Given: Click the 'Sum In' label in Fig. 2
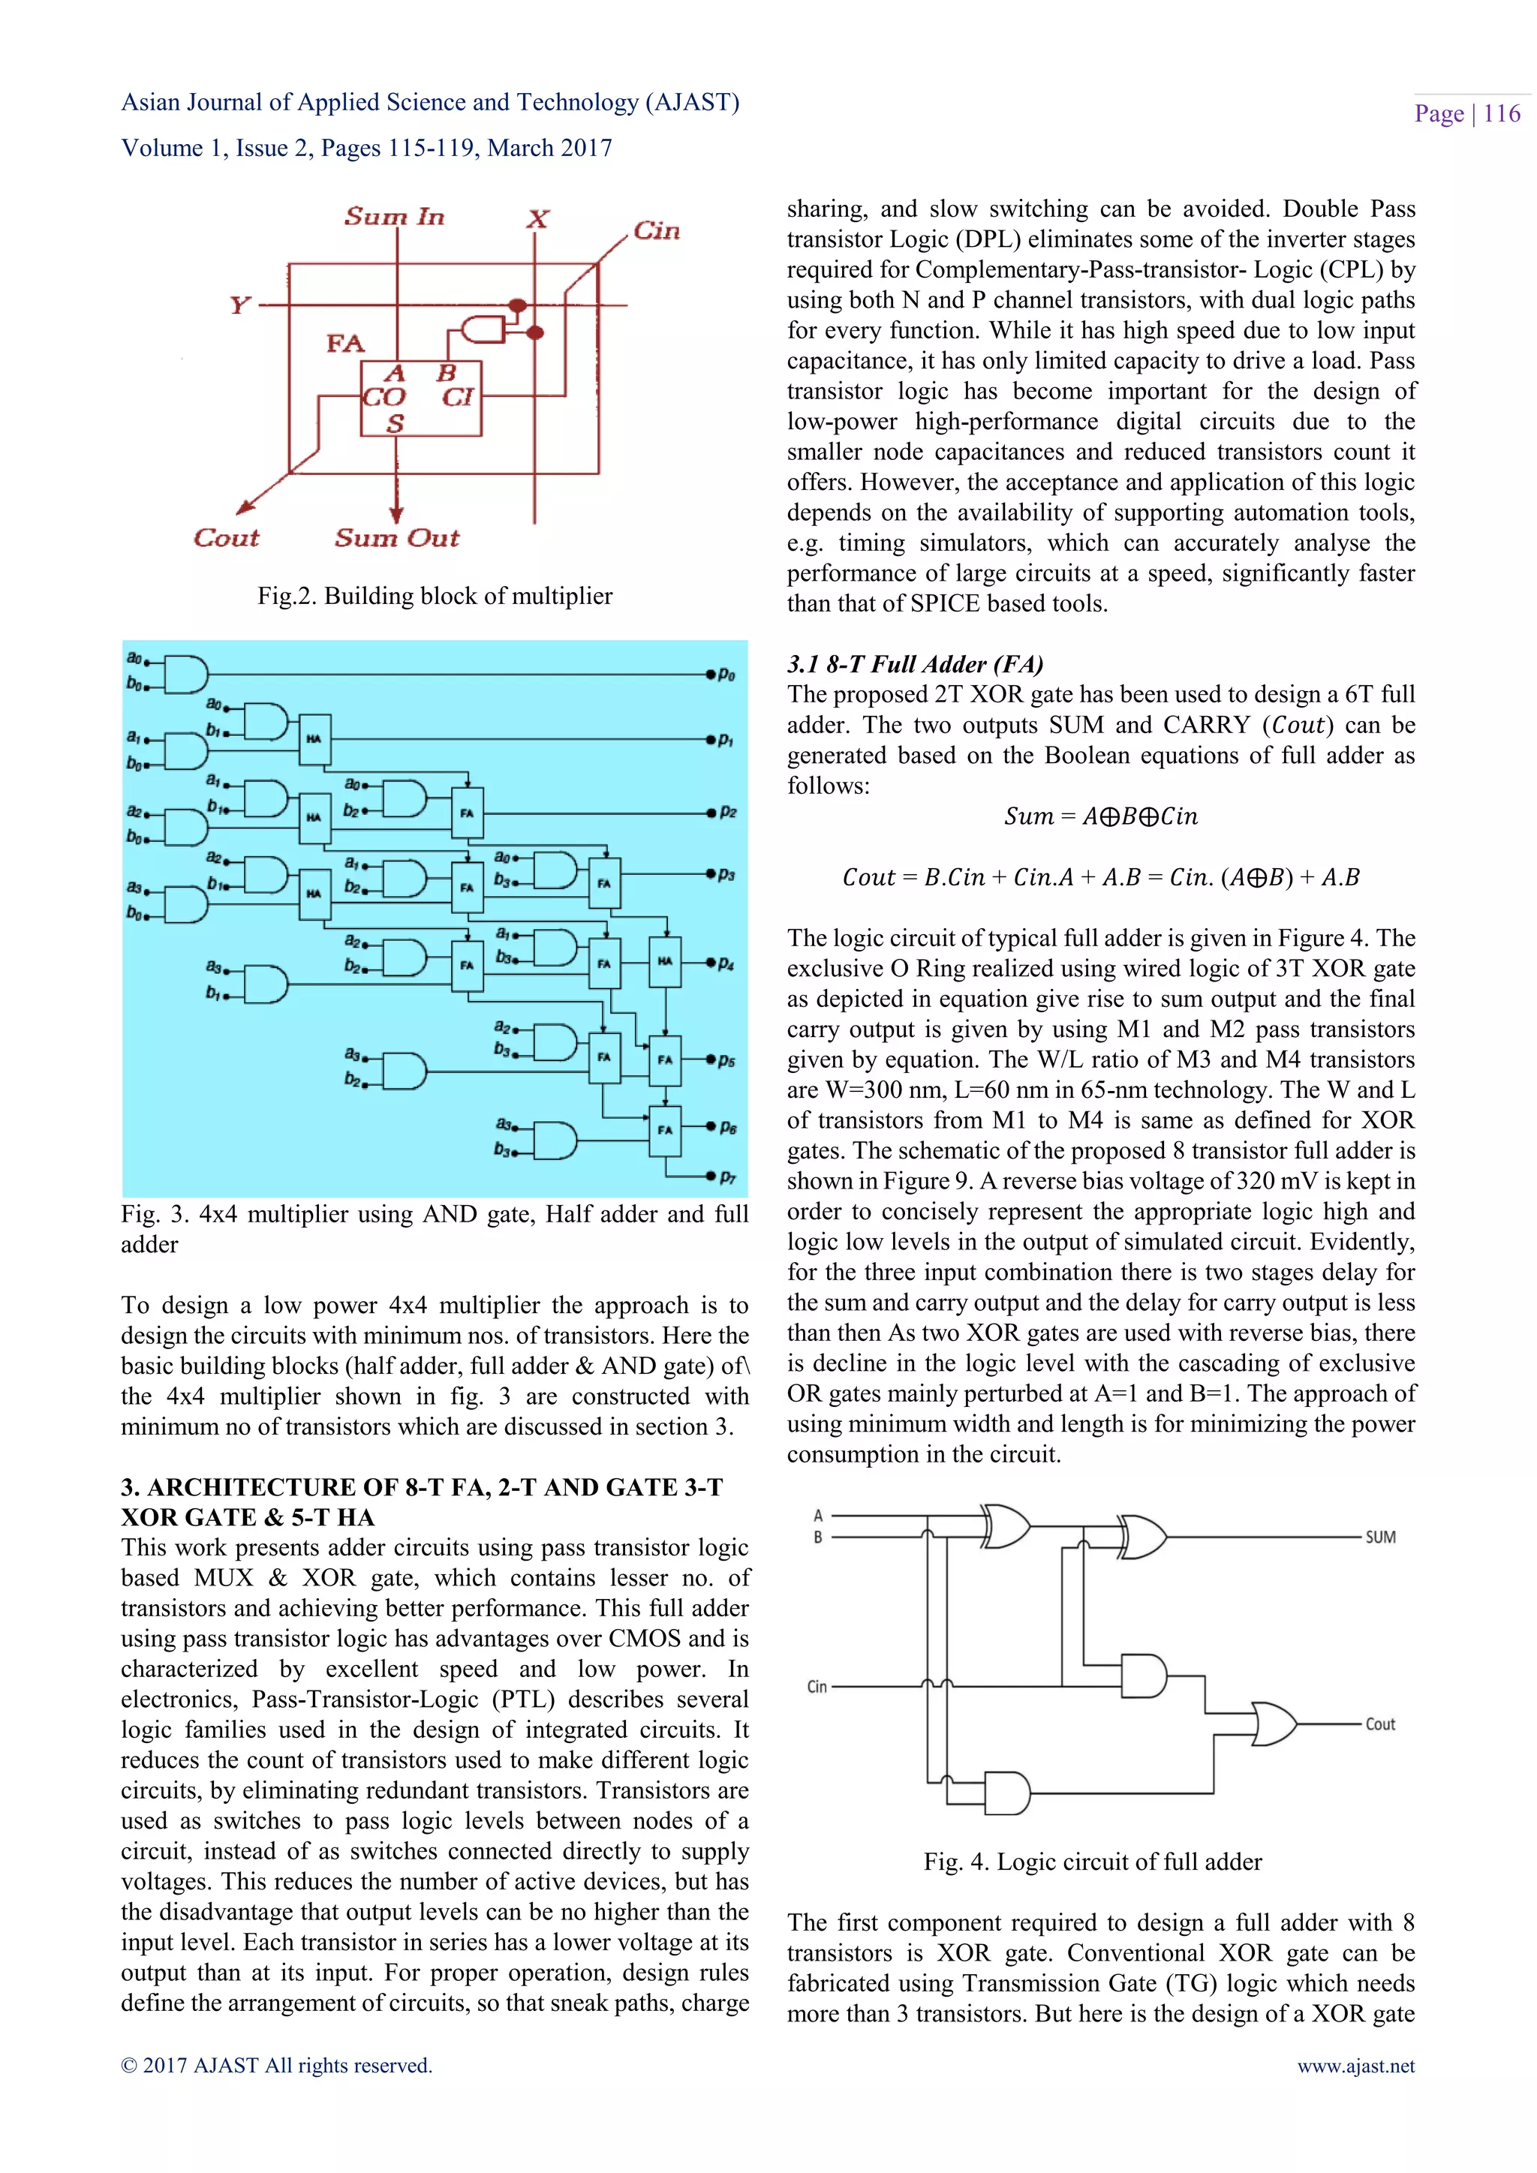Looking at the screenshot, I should (x=394, y=217).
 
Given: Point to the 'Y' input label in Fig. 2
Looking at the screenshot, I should (x=239, y=305).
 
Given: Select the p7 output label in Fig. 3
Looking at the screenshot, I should (x=727, y=1177).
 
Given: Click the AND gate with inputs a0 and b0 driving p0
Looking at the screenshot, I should (x=186, y=674).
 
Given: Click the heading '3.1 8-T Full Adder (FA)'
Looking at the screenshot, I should (x=914, y=663).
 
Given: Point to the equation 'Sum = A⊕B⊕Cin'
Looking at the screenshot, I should (x=1101, y=816).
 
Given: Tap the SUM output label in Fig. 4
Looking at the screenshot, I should (x=1380, y=1537).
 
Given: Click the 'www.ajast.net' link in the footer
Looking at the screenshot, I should (x=1355, y=2065).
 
